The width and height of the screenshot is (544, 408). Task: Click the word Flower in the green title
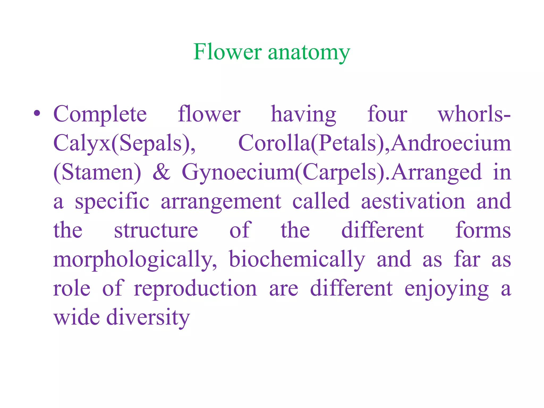coord(227,52)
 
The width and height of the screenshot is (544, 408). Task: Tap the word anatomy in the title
coord(309,53)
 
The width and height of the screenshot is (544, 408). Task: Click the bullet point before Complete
coord(37,113)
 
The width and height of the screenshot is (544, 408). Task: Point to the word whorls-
coord(474,114)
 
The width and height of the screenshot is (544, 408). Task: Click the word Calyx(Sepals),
coord(124,143)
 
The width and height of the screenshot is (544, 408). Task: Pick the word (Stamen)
coord(97,173)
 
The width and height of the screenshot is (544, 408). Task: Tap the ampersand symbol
coord(161,172)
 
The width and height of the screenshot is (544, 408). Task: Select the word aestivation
coord(413,201)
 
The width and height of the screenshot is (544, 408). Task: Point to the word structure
coord(156,230)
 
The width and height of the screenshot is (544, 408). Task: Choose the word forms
coord(483,230)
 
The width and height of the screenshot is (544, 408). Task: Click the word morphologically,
coord(135,260)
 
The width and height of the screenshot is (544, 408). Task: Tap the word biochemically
coord(297,260)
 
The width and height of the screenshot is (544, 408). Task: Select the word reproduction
coord(195,289)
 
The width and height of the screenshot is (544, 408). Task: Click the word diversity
coord(148,318)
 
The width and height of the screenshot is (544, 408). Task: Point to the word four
coord(387,114)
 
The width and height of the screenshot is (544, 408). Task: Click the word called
coord(321,201)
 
